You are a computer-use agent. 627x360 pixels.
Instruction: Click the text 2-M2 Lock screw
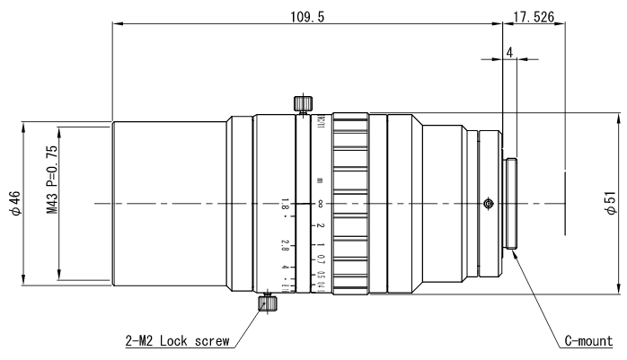tap(177, 341)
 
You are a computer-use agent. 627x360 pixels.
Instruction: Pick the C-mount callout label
tap(587, 341)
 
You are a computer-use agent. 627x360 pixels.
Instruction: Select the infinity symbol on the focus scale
tap(321, 205)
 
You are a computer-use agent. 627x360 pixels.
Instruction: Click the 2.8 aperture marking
tap(260, 245)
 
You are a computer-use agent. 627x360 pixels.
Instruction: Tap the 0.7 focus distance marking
tap(321, 261)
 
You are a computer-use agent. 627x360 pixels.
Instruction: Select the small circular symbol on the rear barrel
tap(487, 204)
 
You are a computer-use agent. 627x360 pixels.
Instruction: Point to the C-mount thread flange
tap(513, 204)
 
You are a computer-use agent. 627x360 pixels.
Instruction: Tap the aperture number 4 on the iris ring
tap(260, 268)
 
